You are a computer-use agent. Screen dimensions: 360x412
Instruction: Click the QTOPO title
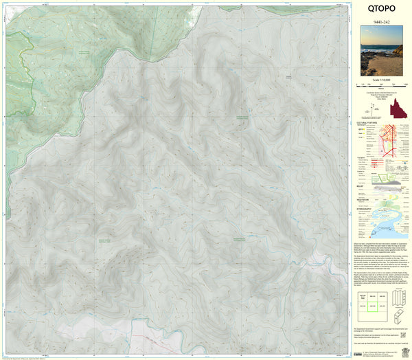[x=382, y=11]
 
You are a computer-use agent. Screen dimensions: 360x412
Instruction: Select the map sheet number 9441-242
[x=382, y=23]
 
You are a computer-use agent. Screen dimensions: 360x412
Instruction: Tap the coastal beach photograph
[x=382, y=52]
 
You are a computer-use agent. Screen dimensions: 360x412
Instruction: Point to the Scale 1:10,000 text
[x=382, y=80]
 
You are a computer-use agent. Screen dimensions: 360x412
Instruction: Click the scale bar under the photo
[x=382, y=87]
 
